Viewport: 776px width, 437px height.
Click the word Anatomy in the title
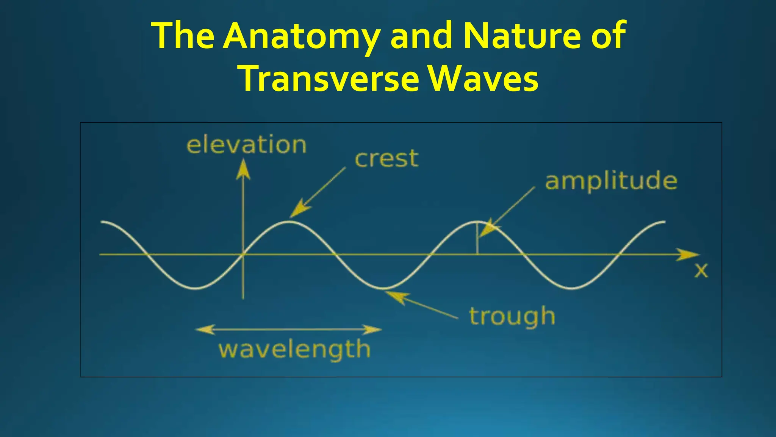(x=301, y=36)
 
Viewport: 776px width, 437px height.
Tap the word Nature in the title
(x=521, y=36)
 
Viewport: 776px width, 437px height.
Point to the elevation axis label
(x=246, y=145)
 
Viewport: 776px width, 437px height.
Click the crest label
(x=386, y=159)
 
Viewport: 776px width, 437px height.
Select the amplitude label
(x=611, y=181)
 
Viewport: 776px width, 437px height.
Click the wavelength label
(x=294, y=349)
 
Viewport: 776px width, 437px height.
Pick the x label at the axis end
(x=701, y=270)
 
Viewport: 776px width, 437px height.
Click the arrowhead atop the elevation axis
(x=243, y=169)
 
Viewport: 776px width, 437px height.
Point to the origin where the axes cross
(x=243, y=255)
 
